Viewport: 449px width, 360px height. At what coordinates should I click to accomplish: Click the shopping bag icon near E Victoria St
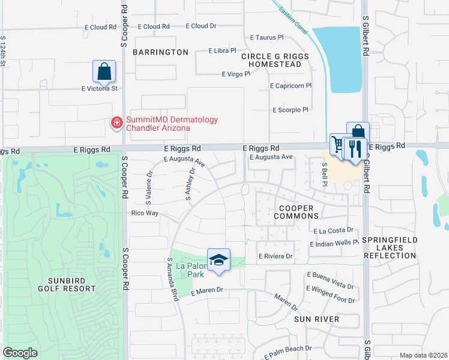[x=104, y=71]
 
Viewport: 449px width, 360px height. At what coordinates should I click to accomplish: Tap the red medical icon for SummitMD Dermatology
[x=116, y=123]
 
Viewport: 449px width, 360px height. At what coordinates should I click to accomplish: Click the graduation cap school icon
[x=219, y=260]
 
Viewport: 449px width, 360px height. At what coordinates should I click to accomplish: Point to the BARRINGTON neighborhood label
[x=160, y=52]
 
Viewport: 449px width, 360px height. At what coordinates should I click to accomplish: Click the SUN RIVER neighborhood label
[x=316, y=319]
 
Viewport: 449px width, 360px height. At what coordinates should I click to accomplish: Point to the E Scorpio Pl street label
[x=290, y=110]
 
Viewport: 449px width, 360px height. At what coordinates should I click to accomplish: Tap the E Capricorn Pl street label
[x=291, y=86]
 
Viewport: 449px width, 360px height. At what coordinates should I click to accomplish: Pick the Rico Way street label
[x=145, y=213]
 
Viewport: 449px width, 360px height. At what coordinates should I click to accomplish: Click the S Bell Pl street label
[x=324, y=173]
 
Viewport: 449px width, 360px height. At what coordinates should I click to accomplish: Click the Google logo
[x=20, y=353]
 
